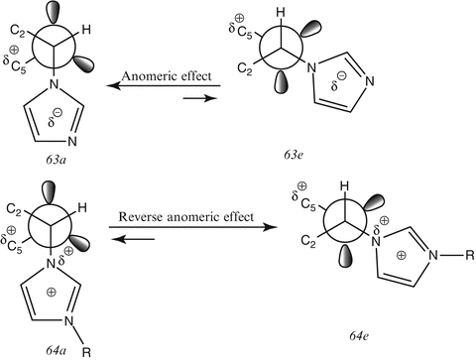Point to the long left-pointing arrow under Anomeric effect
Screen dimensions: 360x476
pos(158,87)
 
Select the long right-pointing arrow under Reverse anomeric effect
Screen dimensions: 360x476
pos(199,227)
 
